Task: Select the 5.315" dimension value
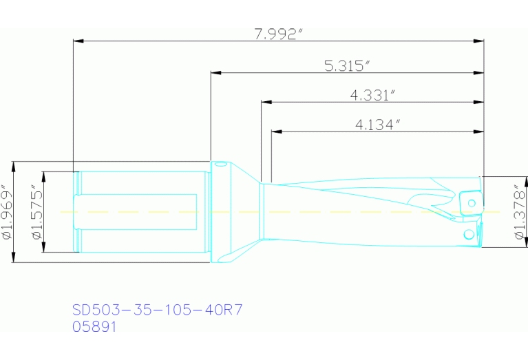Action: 347,65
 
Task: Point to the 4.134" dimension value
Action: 377,125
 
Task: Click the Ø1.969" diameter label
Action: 8,211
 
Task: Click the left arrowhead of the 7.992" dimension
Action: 78,41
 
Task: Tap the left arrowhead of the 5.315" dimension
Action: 216,72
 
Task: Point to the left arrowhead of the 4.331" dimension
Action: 266,101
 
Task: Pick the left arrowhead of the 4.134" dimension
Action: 277,131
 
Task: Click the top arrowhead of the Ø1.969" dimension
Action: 14,167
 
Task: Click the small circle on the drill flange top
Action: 220,165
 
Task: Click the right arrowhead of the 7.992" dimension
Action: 479,41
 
